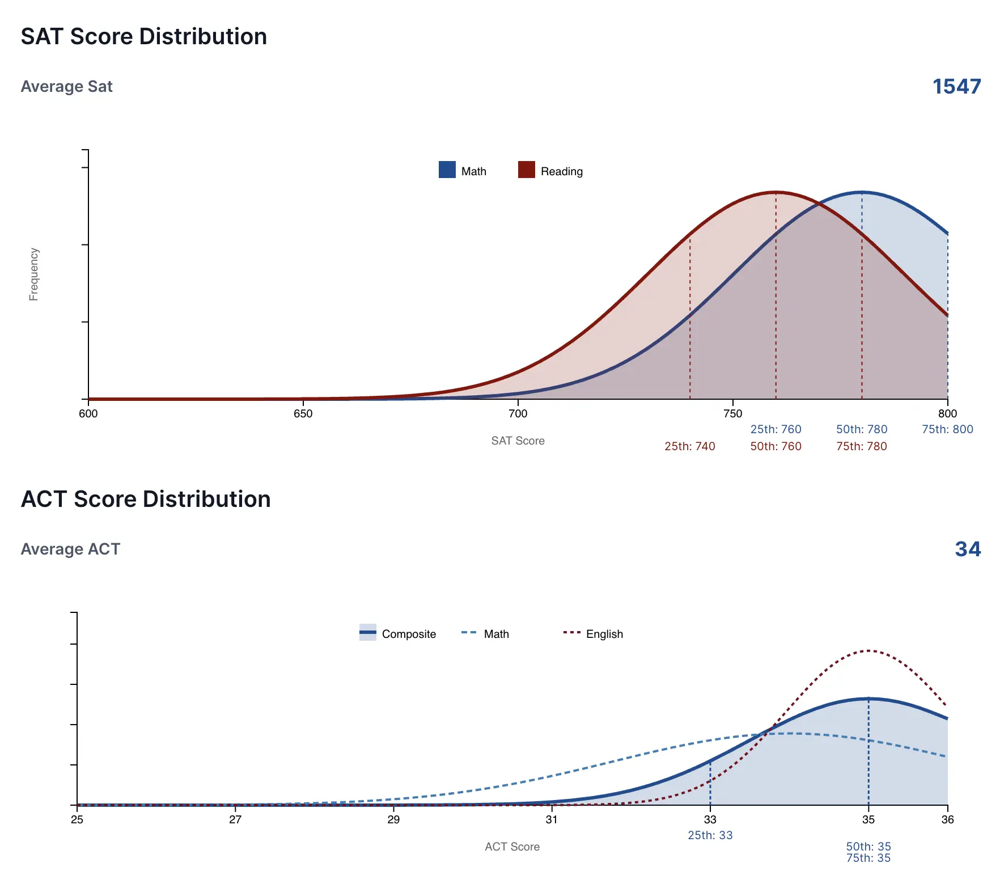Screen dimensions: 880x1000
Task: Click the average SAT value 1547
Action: click(956, 87)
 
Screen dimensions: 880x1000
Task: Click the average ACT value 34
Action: click(967, 549)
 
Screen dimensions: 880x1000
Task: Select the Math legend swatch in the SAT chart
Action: click(447, 170)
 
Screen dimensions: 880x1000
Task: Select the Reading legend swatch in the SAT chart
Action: click(527, 170)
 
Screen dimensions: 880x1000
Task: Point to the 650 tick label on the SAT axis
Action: click(303, 414)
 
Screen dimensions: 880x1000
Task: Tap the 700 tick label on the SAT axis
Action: click(518, 414)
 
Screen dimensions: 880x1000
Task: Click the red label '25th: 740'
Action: click(689, 446)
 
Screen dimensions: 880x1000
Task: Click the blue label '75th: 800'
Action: click(947, 429)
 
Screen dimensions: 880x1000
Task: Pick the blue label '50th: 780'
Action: click(861, 429)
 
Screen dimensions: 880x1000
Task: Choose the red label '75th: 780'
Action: click(861, 446)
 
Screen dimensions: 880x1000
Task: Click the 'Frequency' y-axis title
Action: click(34, 274)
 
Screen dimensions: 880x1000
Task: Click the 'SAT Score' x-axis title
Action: click(518, 441)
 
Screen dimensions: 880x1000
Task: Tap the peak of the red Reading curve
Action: click(776, 193)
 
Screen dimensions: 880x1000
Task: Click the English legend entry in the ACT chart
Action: click(593, 634)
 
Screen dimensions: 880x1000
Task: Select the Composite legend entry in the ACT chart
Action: click(398, 634)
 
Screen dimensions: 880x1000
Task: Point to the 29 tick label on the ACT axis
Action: click(393, 820)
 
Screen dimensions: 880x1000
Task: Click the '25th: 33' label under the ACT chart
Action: click(710, 835)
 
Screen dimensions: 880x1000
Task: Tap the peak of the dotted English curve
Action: click(868, 651)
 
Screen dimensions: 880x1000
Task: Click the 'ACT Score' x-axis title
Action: click(512, 847)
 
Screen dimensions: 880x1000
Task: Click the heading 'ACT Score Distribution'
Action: click(146, 499)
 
